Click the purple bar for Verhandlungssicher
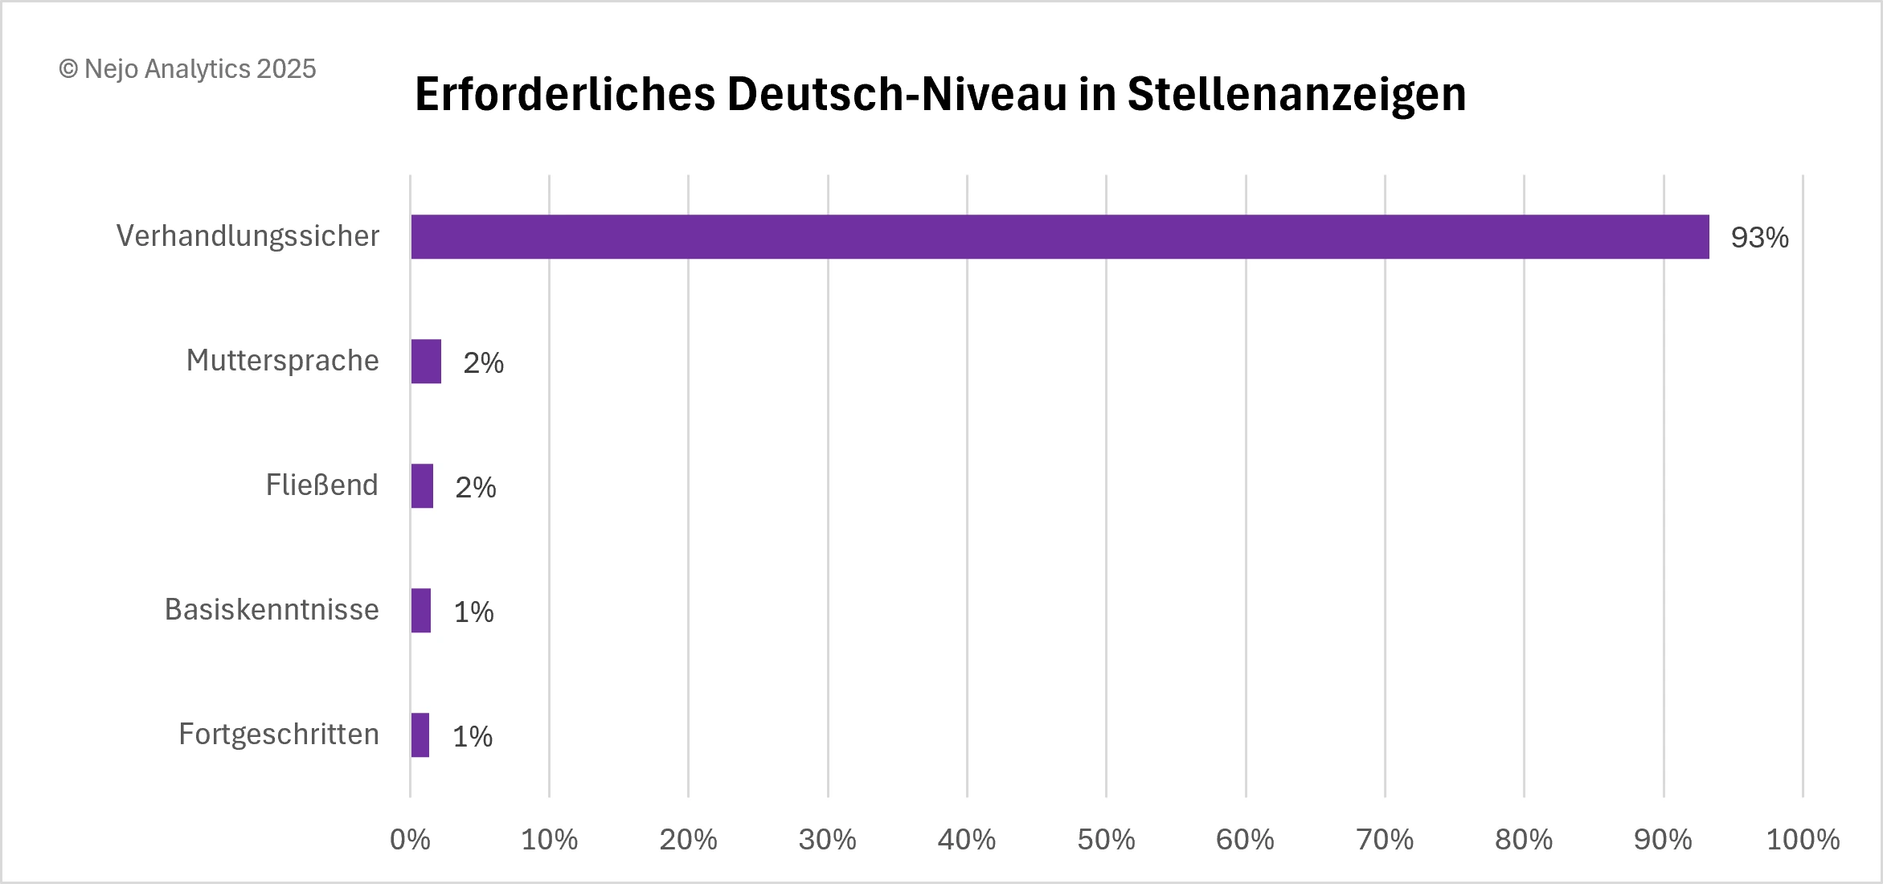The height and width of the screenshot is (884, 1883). pyautogui.click(x=1059, y=237)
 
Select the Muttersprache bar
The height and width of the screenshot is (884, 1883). pyautogui.click(x=426, y=362)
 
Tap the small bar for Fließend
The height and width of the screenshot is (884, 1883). pyautogui.click(x=422, y=486)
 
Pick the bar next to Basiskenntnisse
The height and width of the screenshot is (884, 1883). pyautogui.click(x=421, y=611)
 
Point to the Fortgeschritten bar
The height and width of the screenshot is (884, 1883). pyautogui.click(x=420, y=735)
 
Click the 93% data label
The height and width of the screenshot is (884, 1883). pyautogui.click(x=1759, y=238)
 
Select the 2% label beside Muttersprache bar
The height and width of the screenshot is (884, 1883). pyautogui.click(x=483, y=363)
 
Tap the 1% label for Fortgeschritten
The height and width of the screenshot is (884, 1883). pyautogui.click(x=473, y=737)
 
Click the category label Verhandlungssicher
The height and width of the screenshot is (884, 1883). pyautogui.click(x=248, y=236)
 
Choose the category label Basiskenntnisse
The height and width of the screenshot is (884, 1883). pyautogui.click(x=272, y=610)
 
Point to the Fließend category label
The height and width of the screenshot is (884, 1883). pyautogui.click(x=321, y=485)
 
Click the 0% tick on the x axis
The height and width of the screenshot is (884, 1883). pyautogui.click(x=410, y=840)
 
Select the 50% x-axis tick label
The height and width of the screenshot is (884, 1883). pyautogui.click(x=1106, y=840)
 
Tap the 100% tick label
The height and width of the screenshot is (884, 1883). pyautogui.click(x=1803, y=840)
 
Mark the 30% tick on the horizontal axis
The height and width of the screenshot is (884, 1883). pyautogui.click(x=827, y=840)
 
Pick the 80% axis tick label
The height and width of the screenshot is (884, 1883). pyautogui.click(x=1524, y=840)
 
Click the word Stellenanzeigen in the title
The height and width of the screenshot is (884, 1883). pyautogui.click(x=1296, y=94)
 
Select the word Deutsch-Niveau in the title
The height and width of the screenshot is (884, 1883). pyautogui.click(x=897, y=94)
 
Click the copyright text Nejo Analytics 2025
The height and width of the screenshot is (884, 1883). pyautogui.click(x=188, y=69)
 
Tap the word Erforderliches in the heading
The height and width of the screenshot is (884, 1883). pyautogui.click(x=564, y=94)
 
